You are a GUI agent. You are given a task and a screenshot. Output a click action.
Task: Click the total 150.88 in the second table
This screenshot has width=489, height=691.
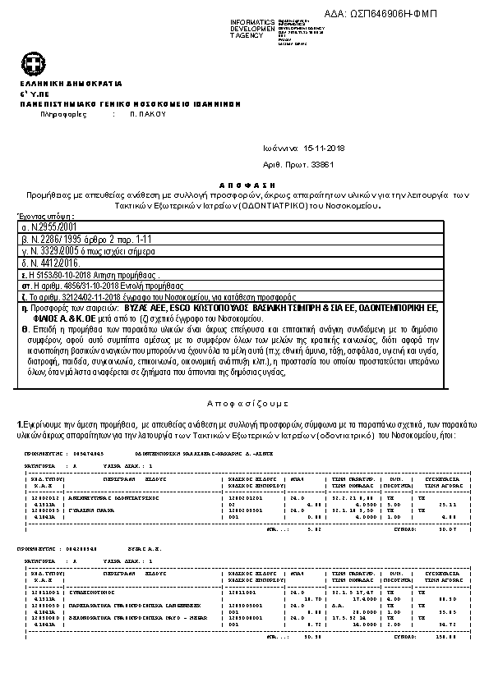(x=444, y=635)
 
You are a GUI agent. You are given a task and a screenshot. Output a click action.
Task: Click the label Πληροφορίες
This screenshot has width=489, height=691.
(x=64, y=116)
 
